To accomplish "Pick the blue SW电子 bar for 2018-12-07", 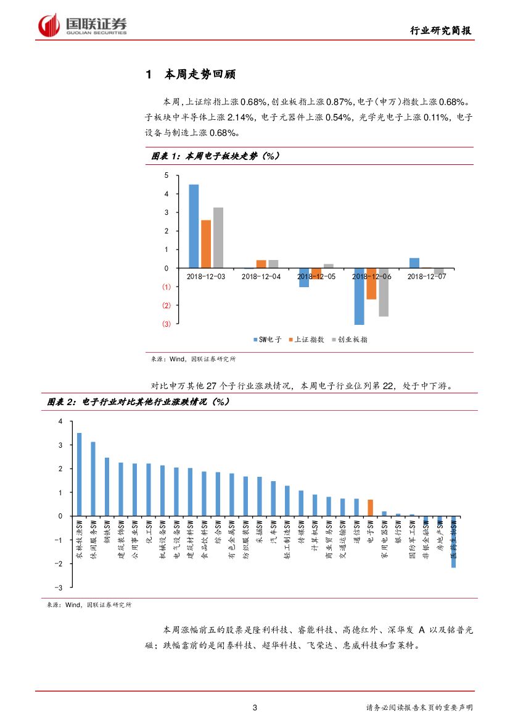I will coord(414,263).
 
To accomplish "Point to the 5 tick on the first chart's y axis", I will coord(166,175).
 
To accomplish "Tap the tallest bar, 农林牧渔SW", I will coord(79,474).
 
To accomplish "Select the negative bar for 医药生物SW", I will coord(454,544).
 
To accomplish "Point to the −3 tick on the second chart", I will coord(60,588).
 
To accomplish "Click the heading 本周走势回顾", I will coord(200,75).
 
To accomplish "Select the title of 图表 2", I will coord(139,402).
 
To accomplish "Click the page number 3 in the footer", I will coord(255,707).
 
